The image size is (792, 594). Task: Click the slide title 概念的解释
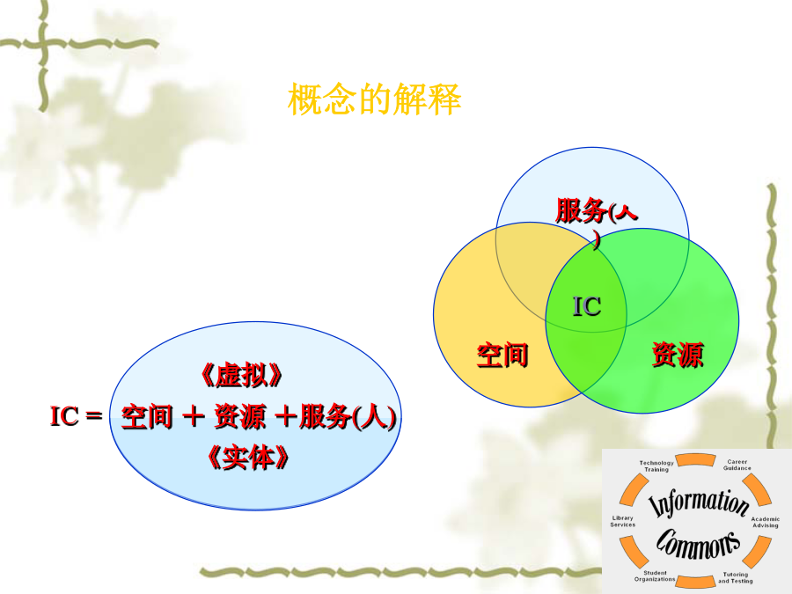pyautogui.click(x=374, y=99)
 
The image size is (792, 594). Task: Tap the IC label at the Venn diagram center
pyautogui.click(x=586, y=306)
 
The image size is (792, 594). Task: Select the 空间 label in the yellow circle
pyautogui.click(x=502, y=355)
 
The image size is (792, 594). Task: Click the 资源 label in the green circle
pyautogui.click(x=678, y=355)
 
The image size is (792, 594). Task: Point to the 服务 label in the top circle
pyautogui.click(x=581, y=210)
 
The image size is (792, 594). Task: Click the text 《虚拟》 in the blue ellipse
pyautogui.click(x=241, y=375)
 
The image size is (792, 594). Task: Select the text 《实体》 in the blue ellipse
pyautogui.click(x=248, y=458)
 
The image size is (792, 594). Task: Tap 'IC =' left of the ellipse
pyautogui.click(x=77, y=416)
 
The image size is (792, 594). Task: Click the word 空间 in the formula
pyautogui.click(x=147, y=417)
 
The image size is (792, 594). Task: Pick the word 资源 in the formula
pyautogui.click(x=240, y=417)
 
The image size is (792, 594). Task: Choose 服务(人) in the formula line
pyautogui.click(x=348, y=417)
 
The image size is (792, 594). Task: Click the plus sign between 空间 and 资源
pyautogui.click(x=194, y=417)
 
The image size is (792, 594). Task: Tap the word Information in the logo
pyautogui.click(x=699, y=502)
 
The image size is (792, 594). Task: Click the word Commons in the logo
pyautogui.click(x=698, y=544)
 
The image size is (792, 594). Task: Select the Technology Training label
pyautogui.click(x=656, y=466)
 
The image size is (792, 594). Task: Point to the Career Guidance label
pyautogui.click(x=737, y=465)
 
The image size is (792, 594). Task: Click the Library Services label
pyautogui.click(x=622, y=521)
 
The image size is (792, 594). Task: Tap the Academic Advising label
pyautogui.click(x=766, y=522)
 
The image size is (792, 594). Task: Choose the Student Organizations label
pyautogui.click(x=655, y=576)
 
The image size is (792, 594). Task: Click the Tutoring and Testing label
pyautogui.click(x=736, y=578)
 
